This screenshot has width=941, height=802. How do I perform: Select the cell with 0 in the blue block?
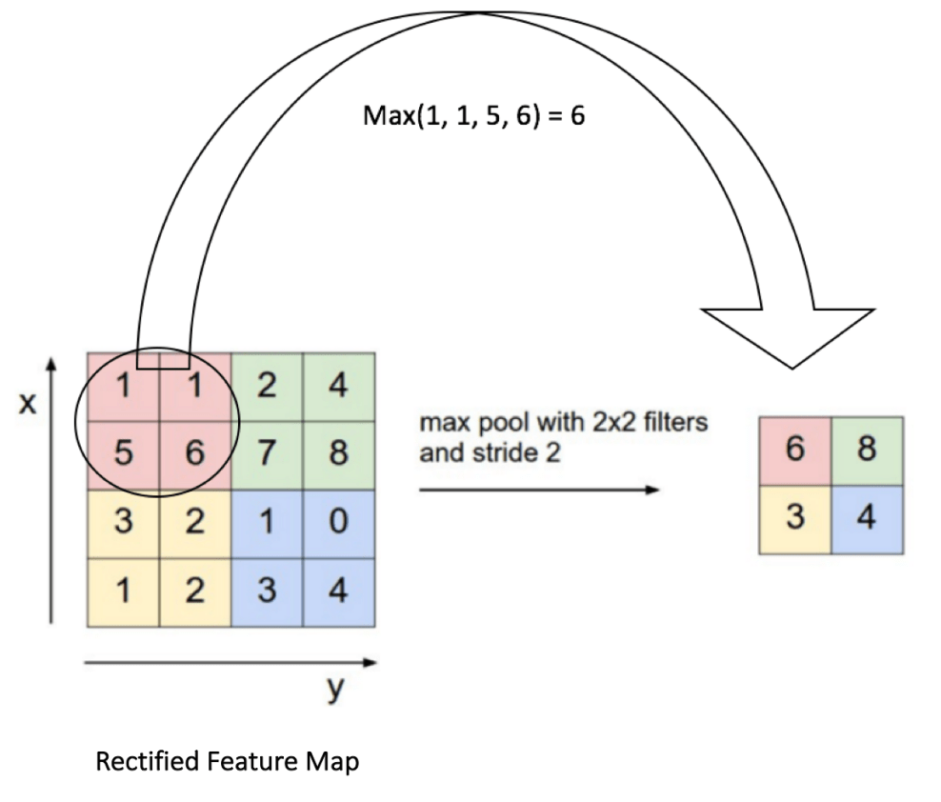click(x=338, y=523)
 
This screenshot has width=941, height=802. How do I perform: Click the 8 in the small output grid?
click(x=867, y=451)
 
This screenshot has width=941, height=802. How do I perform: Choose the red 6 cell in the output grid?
click(x=795, y=451)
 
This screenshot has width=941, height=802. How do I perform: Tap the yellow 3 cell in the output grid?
click(x=795, y=519)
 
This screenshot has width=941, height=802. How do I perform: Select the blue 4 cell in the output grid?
click(x=867, y=519)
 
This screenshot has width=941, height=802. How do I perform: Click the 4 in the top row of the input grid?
click(x=338, y=387)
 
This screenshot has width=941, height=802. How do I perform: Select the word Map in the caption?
click(x=334, y=762)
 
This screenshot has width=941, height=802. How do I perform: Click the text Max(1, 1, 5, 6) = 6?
click(x=473, y=117)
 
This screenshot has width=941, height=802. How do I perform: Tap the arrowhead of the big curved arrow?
click(x=787, y=333)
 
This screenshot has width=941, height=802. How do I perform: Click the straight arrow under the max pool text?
click(x=538, y=491)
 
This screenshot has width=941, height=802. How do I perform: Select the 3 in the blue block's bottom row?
click(x=268, y=591)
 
